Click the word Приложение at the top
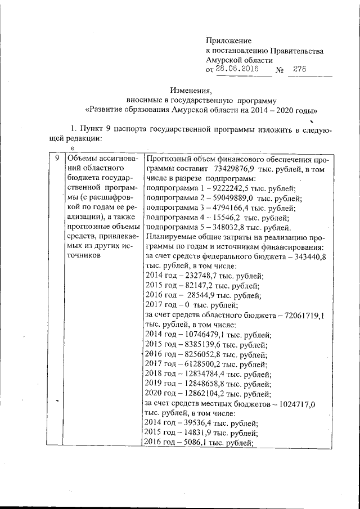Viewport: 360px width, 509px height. [x=228, y=40]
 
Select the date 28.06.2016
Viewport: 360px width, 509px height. [x=237, y=70]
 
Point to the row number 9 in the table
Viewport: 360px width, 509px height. [x=55, y=159]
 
